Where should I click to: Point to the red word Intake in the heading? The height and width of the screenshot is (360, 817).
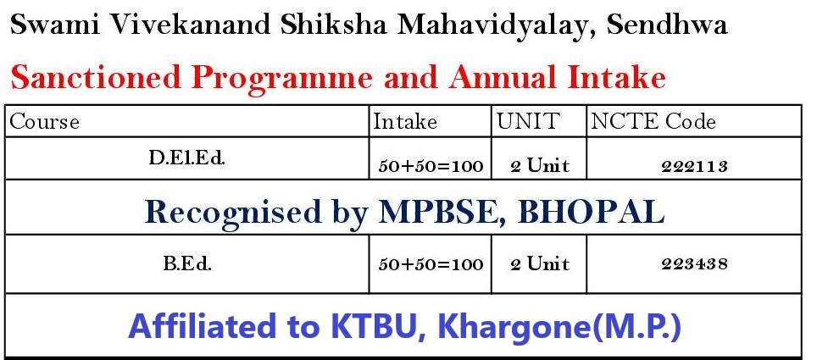(617, 78)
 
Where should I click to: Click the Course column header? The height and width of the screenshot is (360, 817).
(45, 122)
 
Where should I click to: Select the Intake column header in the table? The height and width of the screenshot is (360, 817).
(405, 122)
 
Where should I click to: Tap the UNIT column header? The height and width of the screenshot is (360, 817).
(528, 121)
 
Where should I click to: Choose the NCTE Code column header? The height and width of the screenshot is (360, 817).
(653, 121)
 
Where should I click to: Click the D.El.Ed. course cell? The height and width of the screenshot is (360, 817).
(187, 158)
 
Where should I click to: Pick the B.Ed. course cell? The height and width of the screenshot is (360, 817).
(187, 264)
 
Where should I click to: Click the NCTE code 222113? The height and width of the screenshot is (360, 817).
(694, 166)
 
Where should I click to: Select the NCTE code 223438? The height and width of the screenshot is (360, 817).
(694, 264)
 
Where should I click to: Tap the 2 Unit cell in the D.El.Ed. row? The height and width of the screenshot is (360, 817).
(539, 166)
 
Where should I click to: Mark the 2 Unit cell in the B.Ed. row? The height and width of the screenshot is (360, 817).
(539, 263)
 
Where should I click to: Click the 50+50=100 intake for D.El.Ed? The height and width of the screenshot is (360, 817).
(431, 166)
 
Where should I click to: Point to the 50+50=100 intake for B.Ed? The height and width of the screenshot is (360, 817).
(431, 264)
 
